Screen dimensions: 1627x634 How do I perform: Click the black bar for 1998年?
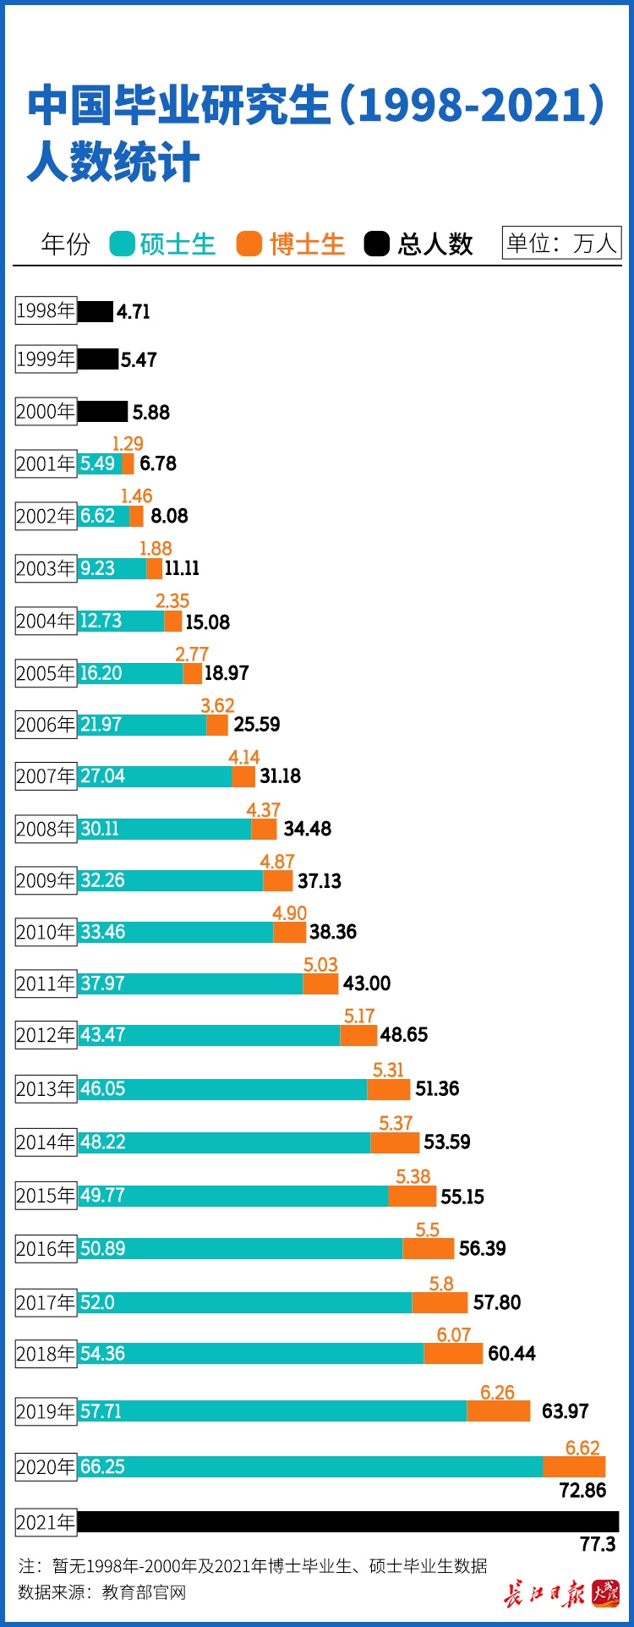click(95, 311)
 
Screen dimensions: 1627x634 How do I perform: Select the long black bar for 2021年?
click(347, 1522)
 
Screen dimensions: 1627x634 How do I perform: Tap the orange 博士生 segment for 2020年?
click(574, 1466)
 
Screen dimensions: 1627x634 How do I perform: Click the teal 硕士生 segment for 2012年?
click(210, 1035)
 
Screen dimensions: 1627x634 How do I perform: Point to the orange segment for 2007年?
click(243, 776)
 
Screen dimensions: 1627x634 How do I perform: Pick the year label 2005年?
click(46, 673)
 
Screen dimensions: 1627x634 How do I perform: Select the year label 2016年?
click(46, 1249)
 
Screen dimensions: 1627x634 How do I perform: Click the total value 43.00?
click(367, 983)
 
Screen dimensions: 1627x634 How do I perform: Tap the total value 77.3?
click(598, 1544)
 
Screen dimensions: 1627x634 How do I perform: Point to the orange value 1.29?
click(128, 444)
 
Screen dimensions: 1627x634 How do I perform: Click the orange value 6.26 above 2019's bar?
click(497, 1393)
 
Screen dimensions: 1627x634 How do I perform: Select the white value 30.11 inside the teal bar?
click(100, 829)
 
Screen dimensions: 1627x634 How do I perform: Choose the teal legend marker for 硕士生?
click(123, 244)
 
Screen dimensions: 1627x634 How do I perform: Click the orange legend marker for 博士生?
click(249, 244)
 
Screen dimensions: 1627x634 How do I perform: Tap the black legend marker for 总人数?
click(377, 244)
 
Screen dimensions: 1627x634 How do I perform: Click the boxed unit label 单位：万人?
click(561, 244)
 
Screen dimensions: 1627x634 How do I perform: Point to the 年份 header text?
click(65, 244)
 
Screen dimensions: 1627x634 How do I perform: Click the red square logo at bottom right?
click(605, 1593)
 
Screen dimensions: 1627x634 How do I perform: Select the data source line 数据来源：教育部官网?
click(101, 1593)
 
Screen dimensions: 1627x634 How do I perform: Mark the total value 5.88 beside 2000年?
click(151, 413)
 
